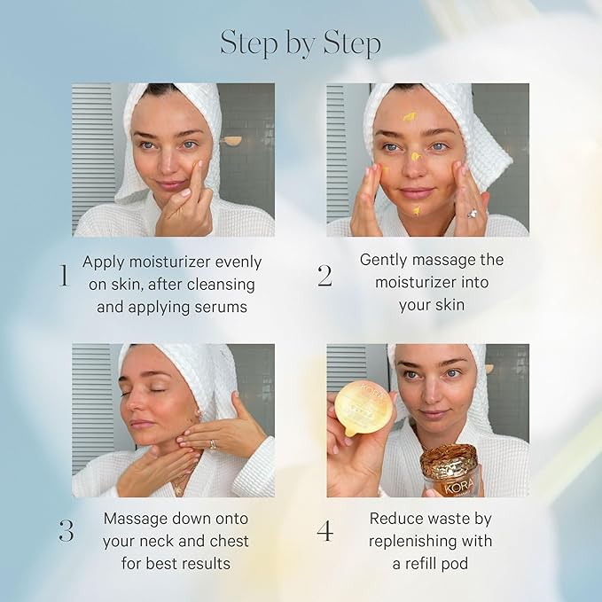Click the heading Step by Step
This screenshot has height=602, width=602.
coord(301,43)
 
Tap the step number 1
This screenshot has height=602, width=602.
coord(63,276)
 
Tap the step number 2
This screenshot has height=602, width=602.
coord(324,276)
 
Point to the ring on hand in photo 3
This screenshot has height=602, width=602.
coord(212,445)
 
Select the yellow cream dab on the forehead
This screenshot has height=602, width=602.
coord(410,116)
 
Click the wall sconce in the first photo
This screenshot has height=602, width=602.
coord(229,141)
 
